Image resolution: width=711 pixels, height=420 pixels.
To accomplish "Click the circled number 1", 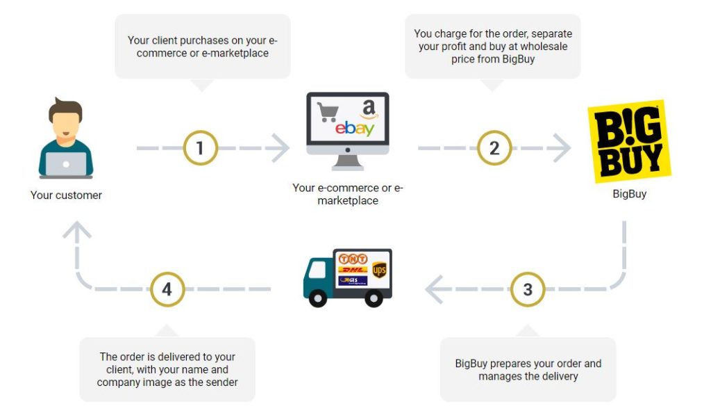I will tap(201, 147).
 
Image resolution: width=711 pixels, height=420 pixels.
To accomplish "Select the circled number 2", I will tap(494, 147).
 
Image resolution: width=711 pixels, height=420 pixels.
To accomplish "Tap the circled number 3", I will tap(528, 289).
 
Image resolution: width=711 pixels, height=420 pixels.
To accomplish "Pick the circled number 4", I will tap(167, 289).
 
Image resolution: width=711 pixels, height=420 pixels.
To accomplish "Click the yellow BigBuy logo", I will tap(629, 142).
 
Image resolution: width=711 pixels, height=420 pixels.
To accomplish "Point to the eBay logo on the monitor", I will tap(355, 129).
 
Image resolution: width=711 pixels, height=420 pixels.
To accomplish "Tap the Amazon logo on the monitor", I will tap(368, 109).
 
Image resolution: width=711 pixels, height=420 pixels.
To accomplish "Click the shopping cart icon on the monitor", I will tap(327, 112).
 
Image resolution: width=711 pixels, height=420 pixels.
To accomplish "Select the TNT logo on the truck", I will tap(353, 259).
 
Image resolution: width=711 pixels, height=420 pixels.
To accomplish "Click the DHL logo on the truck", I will tap(352, 269).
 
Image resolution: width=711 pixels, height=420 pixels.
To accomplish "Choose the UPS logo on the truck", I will tap(378, 270).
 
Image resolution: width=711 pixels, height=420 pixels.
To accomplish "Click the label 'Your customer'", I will tap(66, 195).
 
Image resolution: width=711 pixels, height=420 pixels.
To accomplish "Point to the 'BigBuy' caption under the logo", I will tap(629, 194).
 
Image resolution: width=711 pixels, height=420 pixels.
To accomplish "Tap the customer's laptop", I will tap(66, 164).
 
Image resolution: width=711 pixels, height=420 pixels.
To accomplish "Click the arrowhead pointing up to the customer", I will tap(76, 231).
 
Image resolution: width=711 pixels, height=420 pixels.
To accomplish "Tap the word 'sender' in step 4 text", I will tap(221, 382).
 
